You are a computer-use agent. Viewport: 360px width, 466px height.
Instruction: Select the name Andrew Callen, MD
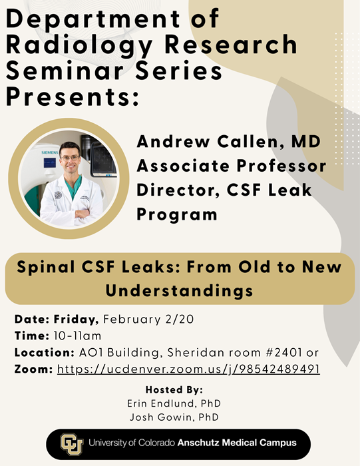225,142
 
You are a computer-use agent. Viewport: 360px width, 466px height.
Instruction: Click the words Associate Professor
232,166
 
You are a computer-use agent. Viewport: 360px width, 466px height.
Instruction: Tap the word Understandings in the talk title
179,291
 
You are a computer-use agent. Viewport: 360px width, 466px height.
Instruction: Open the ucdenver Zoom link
188,368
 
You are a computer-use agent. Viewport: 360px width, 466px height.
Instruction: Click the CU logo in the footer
71,443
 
